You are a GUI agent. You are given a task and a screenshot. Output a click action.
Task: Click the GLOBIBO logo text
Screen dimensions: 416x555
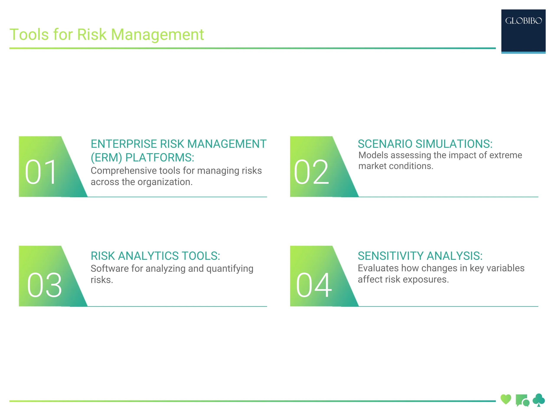[523, 21]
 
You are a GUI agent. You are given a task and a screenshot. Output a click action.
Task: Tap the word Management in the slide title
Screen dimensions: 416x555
[157, 35]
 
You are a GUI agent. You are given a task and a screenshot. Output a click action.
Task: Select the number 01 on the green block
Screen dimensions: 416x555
[41, 172]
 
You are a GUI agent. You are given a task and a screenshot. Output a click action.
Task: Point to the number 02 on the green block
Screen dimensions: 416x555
[311, 172]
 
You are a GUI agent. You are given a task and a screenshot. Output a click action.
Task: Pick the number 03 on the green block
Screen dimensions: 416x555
[44, 285]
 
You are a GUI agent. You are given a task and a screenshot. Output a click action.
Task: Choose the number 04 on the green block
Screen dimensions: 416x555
[314, 285]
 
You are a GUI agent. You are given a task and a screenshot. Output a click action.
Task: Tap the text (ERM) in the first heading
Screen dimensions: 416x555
[106, 158]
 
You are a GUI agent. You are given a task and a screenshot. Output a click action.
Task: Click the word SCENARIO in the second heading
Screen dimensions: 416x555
[385, 144]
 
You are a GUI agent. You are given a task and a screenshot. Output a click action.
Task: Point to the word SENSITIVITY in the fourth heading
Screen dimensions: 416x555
[390, 256]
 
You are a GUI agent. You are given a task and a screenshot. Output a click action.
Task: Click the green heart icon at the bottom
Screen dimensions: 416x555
[506, 399]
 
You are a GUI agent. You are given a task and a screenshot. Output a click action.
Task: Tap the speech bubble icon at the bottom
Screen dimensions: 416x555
[522, 400]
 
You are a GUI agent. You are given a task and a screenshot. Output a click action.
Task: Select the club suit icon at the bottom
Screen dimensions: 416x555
[539, 400]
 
